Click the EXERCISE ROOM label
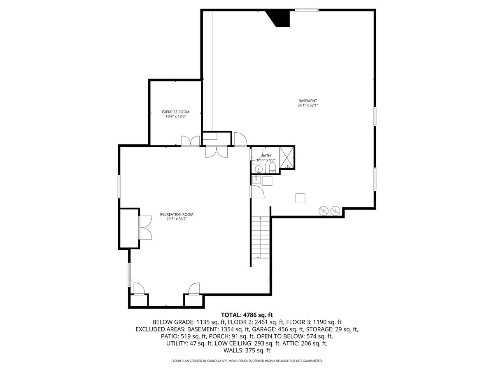click(175, 112)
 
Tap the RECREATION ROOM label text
click(177, 214)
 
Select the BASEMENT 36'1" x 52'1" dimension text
click(308, 106)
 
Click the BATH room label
click(266, 156)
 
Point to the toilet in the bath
click(272, 168)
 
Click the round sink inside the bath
click(259, 169)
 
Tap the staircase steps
click(261, 238)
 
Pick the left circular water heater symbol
click(324, 211)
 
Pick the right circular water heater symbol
click(336, 211)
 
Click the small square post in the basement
click(301, 198)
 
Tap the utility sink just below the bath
click(256, 179)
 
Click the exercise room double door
click(190, 141)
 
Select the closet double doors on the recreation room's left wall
click(145, 228)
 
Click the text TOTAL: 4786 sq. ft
click(247, 315)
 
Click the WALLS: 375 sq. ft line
click(247, 350)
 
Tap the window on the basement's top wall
click(307, 10)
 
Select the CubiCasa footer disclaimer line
click(247, 361)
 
